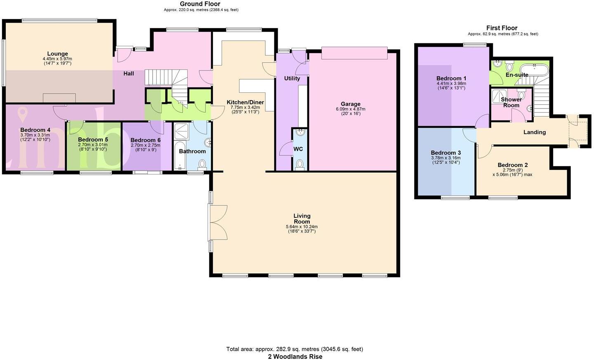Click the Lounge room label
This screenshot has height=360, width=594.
(x=57, y=54)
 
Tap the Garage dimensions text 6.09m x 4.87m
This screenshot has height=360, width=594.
(x=350, y=109)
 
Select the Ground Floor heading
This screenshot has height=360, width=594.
(x=200, y=4)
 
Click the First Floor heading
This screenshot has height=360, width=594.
(x=502, y=28)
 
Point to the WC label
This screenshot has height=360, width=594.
(x=298, y=149)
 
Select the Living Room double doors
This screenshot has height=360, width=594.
(x=218, y=222)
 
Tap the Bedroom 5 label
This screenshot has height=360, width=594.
(x=93, y=139)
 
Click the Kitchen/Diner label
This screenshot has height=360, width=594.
(x=245, y=102)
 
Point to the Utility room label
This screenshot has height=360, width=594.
(x=292, y=78)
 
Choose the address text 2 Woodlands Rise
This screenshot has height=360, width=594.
(x=295, y=357)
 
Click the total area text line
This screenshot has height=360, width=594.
(x=295, y=349)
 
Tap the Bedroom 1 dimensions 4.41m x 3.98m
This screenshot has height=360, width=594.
(x=451, y=83)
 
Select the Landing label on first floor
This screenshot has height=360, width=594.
(x=534, y=132)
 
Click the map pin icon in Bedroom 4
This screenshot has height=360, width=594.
(x=23, y=113)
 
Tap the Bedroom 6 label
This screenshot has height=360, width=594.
(x=145, y=140)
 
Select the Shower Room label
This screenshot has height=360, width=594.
(x=511, y=102)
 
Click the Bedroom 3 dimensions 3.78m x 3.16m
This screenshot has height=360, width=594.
(x=445, y=158)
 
